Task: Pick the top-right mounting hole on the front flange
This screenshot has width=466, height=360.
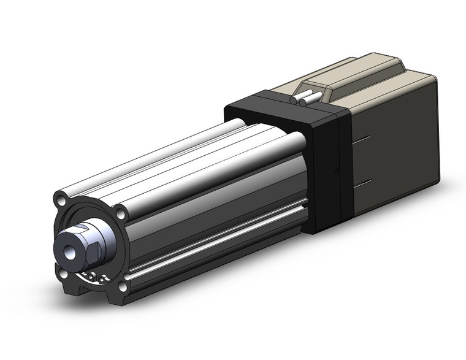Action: [121, 212]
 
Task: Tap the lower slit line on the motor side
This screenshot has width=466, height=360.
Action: [365, 182]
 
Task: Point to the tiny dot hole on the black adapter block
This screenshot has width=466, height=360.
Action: [334, 170]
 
